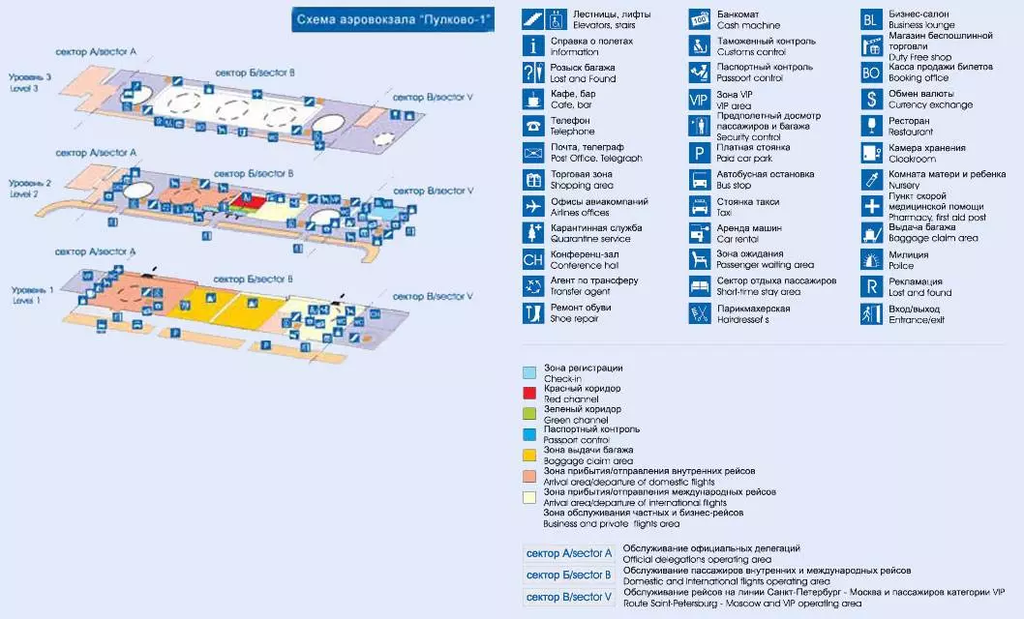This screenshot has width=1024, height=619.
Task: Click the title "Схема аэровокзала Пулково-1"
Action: coord(393,19)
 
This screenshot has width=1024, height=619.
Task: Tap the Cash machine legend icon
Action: coord(700,19)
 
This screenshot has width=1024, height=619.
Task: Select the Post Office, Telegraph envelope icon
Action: coord(533,153)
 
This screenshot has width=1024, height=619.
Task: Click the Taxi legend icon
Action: coord(700,206)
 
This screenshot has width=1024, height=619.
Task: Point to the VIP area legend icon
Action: coord(700,100)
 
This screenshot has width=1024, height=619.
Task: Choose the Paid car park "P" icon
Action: coord(700,153)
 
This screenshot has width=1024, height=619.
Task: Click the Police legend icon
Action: coord(872,259)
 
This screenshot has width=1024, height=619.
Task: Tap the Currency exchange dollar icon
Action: coord(872,100)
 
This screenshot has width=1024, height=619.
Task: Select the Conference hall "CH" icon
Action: coord(533,259)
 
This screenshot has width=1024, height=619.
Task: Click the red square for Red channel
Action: coord(529,393)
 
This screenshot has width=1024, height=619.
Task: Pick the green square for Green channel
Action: coord(529,413)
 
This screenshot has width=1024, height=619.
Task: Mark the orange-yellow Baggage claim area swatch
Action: coord(529,455)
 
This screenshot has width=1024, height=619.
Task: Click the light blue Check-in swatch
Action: coord(529,372)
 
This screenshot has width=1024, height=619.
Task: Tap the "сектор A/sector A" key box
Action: coord(569,554)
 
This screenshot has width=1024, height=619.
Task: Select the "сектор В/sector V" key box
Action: coord(569,597)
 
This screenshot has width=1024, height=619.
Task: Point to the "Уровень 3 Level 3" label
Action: coord(30,81)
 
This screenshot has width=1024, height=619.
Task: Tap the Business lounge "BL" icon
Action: coord(872,19)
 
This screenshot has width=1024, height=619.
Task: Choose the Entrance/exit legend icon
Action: coord(872,313)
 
